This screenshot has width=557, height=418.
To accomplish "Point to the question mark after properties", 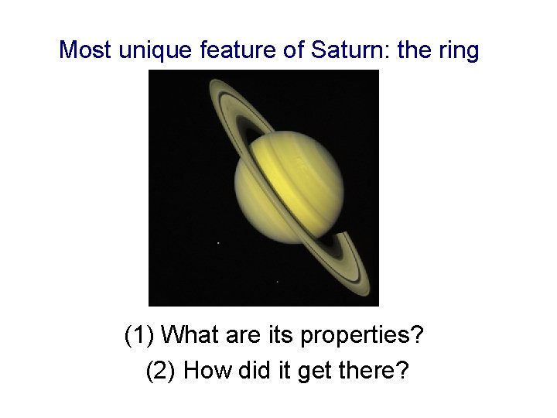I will click(419, 336).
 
